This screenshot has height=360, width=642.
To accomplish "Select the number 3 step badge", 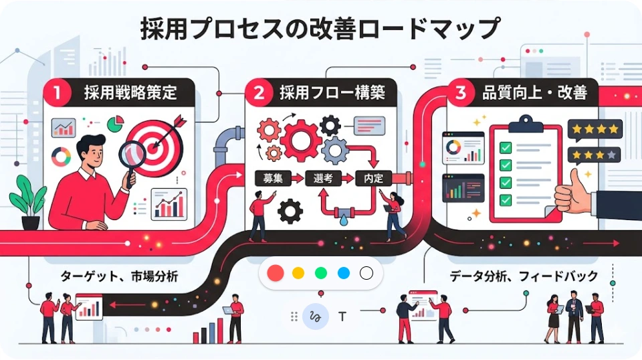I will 460,92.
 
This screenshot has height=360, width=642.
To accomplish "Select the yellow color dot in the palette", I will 298,273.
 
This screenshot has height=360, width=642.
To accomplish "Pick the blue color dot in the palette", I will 344,273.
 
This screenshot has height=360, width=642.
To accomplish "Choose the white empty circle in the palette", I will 366,273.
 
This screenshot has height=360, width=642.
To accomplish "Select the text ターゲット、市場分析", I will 120,276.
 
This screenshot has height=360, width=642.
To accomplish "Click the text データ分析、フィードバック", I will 524,276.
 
